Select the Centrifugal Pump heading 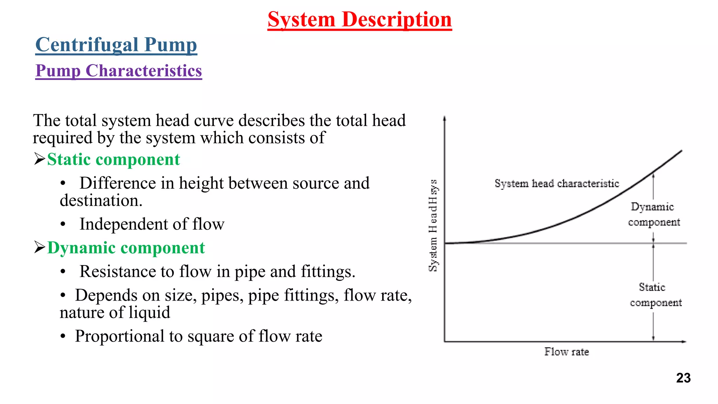[116, 45]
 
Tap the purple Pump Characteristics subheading [118, 71]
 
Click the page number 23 [683, 378]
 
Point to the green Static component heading [113, 160]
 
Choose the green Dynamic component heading [126, 248]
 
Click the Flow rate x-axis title [566, 352]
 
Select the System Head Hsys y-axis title [433, 225]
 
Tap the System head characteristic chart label [557, 183]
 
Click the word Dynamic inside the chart [652, 207]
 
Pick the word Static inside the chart [652, 287]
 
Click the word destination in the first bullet [101, 201]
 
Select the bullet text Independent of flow [152, 224]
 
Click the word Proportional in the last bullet [119, 336]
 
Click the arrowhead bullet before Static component [39, 159]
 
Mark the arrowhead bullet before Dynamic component [39, 248]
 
